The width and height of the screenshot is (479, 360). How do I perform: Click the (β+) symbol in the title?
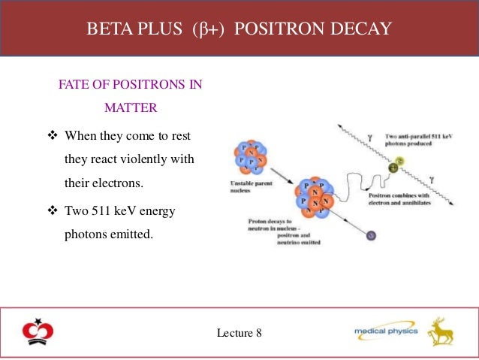[212, 29]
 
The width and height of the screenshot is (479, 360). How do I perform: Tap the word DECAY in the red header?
[363, 29]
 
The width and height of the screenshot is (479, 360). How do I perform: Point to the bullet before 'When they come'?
[52, 137]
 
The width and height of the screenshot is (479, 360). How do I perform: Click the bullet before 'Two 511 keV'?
[52, 211]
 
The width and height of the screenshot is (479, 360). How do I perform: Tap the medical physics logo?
[382, 331]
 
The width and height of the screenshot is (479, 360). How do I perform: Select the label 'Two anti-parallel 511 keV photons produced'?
[420, 140]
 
